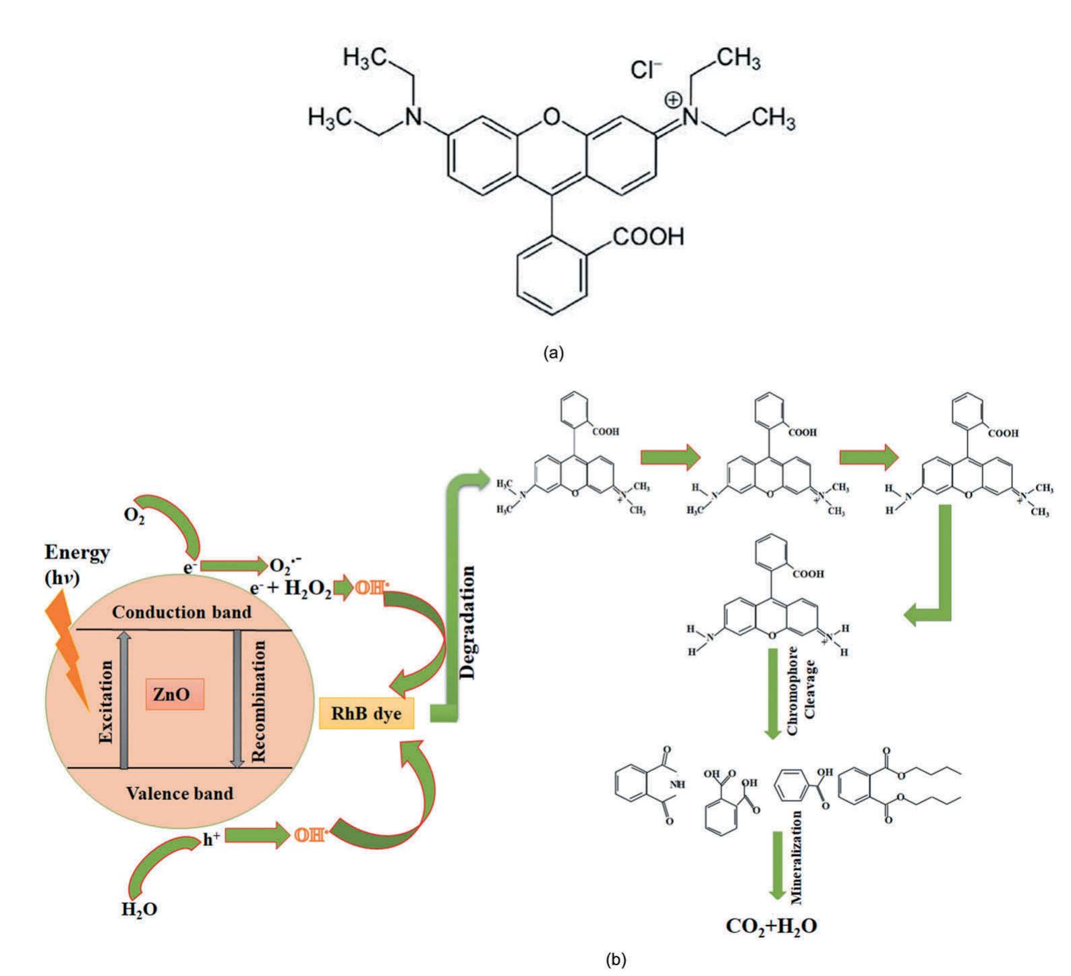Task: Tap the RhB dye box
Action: (366, 714)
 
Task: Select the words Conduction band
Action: (181, 612)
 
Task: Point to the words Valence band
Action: (180, 793)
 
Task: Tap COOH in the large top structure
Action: (648, 237)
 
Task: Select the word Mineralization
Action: (797, 857)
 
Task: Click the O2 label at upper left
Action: (134, 516)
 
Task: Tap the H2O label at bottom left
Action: (139, 909)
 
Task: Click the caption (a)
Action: (552, 353)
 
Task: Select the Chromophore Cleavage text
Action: (802, 692)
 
